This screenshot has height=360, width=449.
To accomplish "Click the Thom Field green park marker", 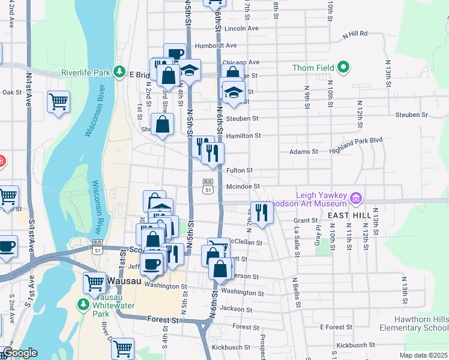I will pyautogui.click(x=343, y=67).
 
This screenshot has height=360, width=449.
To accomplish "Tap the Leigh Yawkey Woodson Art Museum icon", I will pyautogui.click(x=355, y=197).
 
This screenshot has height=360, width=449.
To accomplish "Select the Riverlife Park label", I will pyautogui.click(x=85, y=73).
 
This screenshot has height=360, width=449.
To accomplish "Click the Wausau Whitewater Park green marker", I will pyautogui.click(x=82, y=304).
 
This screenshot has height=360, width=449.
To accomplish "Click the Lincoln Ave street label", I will pyautogui.click(x=241, y=28).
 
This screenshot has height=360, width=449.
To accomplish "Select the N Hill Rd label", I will pyautogui.click(x=354, y=34).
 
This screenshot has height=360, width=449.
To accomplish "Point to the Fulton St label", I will pyautogui.click(x=239, y=170).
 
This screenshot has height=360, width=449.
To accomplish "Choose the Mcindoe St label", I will pyautogui.click(x=243, y=187).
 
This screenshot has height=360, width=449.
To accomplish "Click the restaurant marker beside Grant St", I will pyautogui.click(x=261, y=212).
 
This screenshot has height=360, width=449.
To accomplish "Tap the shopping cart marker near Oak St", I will pyautogui.click(x=58, y=101).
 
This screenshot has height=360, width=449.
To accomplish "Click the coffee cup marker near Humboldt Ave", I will pyautogui.click(x=175, y=53).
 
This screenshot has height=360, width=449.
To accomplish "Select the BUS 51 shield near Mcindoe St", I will pyautogui.click(x=208, y=185).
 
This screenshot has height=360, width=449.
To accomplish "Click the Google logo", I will pyautogui.click(x=19, y=353).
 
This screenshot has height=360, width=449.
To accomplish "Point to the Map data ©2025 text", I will pyautogui.click(x=424, y=355).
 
